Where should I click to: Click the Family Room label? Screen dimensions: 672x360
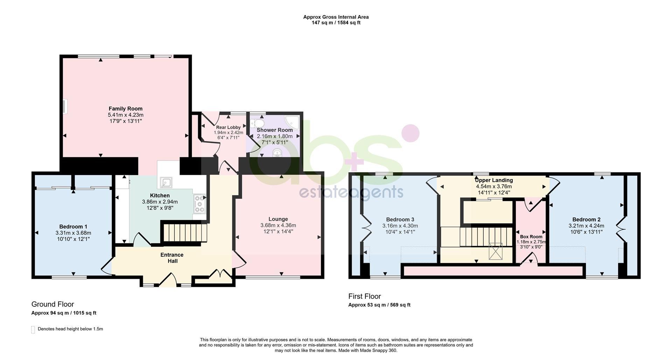[x=125, y=109]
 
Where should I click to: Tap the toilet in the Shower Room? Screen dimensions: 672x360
[x=257, y=123]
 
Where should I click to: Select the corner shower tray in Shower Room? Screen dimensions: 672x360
[x=292, y=123]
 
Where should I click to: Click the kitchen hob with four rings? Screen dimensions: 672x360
[x=199, y=204]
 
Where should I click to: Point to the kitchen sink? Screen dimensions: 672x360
[x=166, y=182]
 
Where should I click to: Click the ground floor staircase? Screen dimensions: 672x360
[x=184, y=233]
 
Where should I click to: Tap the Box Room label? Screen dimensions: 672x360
[x=531, y=237]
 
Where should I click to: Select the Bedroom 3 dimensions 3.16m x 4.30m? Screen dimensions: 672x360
[x=400, y=226]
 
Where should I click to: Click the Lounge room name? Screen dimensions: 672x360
[x=278, y=219]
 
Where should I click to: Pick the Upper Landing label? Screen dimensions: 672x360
[x=494, y=180]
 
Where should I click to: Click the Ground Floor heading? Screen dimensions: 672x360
[x=53, y=304]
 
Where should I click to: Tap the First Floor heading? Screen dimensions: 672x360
[x=364, y=296]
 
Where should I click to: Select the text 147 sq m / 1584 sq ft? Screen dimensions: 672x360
[x=336, y=23]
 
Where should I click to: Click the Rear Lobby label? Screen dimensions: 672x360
[x=228, y=127]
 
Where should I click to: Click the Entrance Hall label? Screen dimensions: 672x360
[x=172, y=258]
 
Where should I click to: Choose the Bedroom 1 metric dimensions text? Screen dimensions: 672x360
[x=73, y=233]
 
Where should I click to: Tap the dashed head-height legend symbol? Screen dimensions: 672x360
[x=33, y=330]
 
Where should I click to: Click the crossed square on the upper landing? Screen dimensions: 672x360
[x=495, y=251]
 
